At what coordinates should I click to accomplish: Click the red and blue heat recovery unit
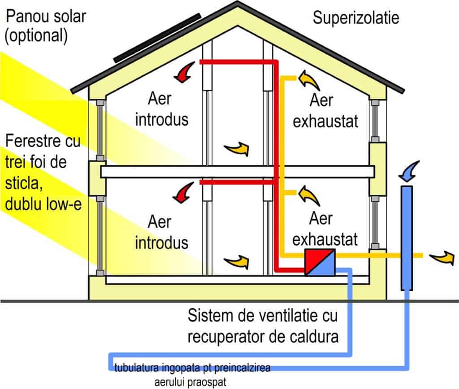320,262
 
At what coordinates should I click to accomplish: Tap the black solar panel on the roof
157,38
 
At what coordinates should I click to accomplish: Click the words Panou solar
45,17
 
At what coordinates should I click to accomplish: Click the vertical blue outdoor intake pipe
406,238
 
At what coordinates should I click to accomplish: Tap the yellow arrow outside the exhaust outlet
442,257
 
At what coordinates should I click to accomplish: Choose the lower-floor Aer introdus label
168,233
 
